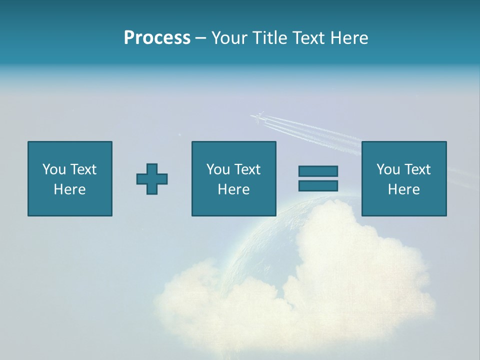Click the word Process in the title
(157, 38)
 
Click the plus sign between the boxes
(152, 179)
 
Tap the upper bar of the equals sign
(318, 171)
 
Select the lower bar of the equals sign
(318, 186)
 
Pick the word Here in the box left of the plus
(69, 189)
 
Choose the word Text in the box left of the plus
(83, 169)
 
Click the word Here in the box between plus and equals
(233, 189)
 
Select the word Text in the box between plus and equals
(247, 169)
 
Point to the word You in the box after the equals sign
(388, 169)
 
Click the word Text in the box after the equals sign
(417, 169)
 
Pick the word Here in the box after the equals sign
(403, 189)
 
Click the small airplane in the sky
(258, 118)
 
